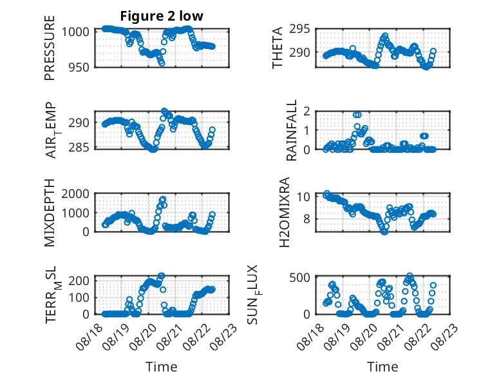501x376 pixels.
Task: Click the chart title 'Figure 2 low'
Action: click(x=162, y=16)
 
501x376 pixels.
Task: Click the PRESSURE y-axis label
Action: click(x=50, y=48)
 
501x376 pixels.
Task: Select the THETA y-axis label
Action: click(x=278, y=48)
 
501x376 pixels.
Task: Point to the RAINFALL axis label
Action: click(x=292, y=130)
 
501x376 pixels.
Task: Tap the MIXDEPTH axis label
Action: click(x=50, y=213)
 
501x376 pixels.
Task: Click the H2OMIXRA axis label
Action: click(x=284, y=212)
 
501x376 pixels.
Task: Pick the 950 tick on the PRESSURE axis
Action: click(x=79, y=67)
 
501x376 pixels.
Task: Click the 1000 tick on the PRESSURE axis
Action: click(x=75, y=32)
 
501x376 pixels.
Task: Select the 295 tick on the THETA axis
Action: click(x=299, y=29)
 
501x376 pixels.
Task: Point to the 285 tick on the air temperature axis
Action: click(x=79, y=148)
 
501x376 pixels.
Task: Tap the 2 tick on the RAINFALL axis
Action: click(x=307, y=112)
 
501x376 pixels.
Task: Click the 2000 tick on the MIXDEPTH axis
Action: click(x=75, y=193)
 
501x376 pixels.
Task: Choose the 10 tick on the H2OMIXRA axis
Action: click(x=303, y=197)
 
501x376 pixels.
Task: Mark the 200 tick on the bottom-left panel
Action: click(x=79, y=281)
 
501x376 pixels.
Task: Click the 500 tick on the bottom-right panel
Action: click(x=299, y=277)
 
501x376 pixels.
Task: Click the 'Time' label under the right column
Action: click(x=383, y=367)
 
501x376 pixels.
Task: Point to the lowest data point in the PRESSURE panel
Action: click(x=162, y=63)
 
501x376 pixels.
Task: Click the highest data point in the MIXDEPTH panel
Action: click(x=163, y=199)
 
